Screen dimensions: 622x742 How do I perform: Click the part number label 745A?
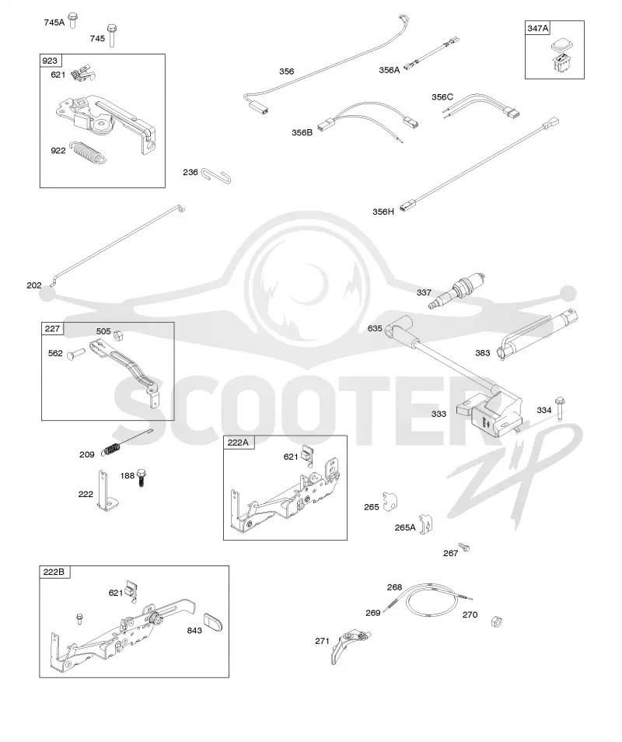point(54,23)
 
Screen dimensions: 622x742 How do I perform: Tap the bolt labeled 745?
point(112,35)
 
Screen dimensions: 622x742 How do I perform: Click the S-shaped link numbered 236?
point(215,175)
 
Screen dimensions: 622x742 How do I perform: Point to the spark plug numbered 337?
point(456,291)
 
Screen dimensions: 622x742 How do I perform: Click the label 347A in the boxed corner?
point(538,29)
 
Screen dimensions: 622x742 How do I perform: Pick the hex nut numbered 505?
point(118,335)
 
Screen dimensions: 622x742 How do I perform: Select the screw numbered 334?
point(561,408)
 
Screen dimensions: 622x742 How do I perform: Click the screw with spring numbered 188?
point(141,478)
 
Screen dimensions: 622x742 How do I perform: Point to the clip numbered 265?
point(390,502)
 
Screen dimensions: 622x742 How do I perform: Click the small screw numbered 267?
point(464,547)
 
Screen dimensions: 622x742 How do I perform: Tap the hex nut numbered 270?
point(496,621)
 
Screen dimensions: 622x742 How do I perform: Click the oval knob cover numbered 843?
point(213,622)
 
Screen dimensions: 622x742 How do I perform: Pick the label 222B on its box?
point(54,572)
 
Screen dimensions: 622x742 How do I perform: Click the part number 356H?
point(383,212)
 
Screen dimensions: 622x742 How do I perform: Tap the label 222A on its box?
point(238,443)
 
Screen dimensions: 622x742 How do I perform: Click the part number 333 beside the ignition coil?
point(439,414)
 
